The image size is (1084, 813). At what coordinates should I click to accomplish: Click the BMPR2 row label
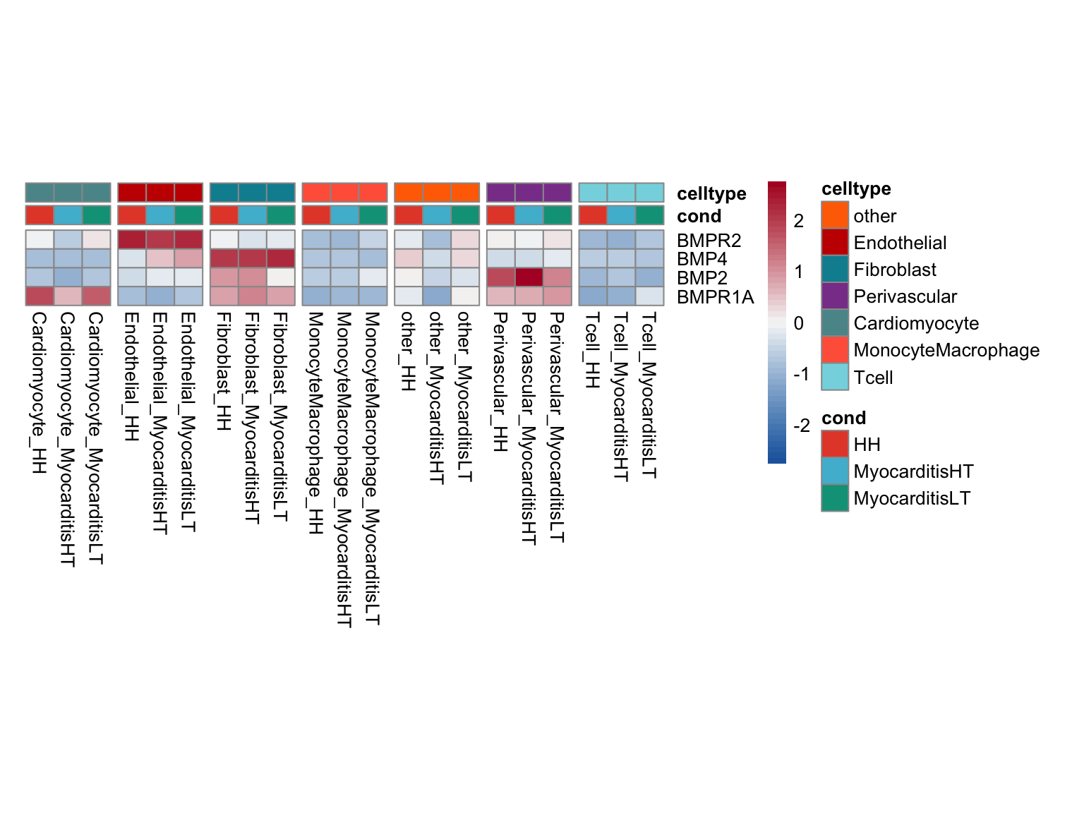(709, 241)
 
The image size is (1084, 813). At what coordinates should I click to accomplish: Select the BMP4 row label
(701, 259)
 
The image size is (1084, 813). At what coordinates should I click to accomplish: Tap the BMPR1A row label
(715, 297)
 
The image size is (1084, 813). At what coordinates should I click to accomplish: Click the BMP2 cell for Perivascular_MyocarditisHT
(529, 277)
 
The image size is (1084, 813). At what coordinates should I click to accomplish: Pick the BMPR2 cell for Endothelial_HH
(132, 239)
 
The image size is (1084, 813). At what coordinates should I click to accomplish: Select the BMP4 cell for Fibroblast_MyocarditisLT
(281, 258)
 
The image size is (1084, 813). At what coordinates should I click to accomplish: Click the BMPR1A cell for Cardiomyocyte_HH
(40, 296)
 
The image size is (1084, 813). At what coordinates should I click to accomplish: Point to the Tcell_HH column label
(592, 350)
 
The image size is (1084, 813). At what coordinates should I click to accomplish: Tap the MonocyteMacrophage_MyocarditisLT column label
(373, 469)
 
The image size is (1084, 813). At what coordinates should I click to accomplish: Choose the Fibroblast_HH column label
(224, 371)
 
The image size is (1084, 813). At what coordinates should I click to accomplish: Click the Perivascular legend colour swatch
(835, 296)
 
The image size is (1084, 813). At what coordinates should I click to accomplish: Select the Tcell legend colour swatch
(835, 377)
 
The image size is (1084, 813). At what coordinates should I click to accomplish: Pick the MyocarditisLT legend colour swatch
(835, 498)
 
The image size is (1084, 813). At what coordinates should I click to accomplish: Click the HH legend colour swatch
(835, 445)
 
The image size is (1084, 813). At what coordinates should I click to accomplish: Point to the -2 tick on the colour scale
(801, 426)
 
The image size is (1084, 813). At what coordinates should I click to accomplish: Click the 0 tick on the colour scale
(798, 323)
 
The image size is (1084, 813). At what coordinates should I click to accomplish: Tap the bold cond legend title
(843, 418)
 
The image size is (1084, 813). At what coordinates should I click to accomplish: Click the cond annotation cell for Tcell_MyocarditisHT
(621, 215)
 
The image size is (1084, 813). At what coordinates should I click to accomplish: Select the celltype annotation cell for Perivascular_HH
(500, 192)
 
